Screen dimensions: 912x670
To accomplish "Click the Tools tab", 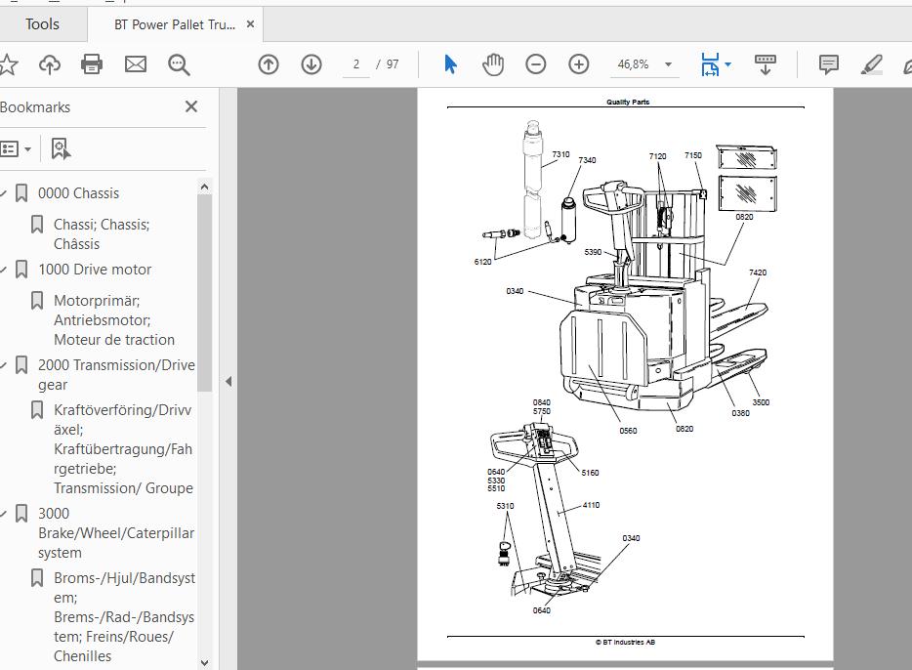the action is pos(42,24).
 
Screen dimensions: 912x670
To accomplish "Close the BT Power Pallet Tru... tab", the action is pos(250,24).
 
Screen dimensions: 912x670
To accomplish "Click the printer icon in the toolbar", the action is pos(92,64).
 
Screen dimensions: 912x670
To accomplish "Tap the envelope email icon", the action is pos(136,64).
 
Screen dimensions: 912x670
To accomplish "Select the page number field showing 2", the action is pos(356,64).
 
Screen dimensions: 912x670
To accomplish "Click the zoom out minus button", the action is pos(535,64).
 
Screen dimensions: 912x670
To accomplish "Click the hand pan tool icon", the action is pos(493,64).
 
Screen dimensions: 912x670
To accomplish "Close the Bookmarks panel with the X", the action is pos(190,106).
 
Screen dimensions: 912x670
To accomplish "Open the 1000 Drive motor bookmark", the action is pos(94,270).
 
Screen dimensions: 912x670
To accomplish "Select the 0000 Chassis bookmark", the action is pos(78,193).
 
